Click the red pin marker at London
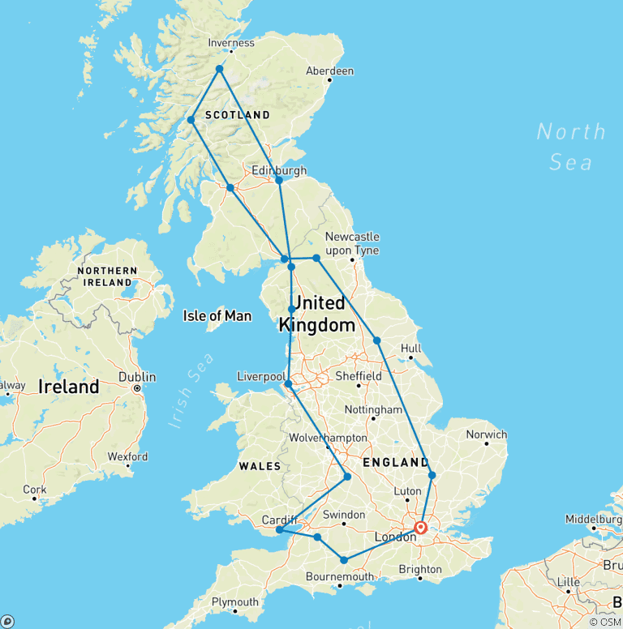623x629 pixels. click(420, 528)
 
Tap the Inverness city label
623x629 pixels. click(231, 43)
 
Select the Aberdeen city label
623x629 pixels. click(329, 71)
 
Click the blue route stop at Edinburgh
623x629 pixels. click(279, 180)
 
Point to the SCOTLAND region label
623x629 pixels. click(237, 115)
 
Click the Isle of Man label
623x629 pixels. click(217, 316)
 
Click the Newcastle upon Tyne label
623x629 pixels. click(352, 243)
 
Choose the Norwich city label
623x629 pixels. click(486, 434)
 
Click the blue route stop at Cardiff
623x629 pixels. click(279, 530)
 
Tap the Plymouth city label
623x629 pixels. click(234, 601)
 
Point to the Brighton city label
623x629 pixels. click(420, 570)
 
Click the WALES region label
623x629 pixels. click(260, 466)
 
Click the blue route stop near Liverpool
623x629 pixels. click(288, 383)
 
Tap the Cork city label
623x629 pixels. click(35, 490)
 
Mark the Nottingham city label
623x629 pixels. click(373, 410)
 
